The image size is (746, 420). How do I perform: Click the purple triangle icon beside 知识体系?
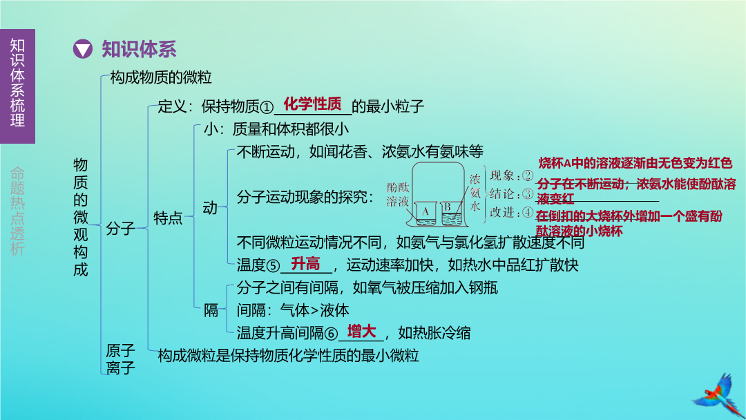click(x=82, y=49)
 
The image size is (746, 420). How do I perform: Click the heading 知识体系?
click(x=139, y=49)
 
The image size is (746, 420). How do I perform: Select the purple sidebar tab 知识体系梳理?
click(x=17, y=86)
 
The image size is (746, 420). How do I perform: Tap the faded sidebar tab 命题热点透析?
click(x=17, y=211)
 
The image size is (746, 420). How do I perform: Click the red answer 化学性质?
click(x=313, y=104)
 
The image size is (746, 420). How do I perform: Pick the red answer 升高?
click(x=305, y=263)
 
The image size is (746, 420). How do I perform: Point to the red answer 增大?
click(x=361, y=331)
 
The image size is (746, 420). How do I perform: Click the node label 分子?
click(x=120, y=229)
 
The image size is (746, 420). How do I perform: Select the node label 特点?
click(x=167, y=218)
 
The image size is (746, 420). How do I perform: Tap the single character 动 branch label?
click(x=210, y=207)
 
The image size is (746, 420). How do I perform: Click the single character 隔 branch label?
click(x=211, y=310)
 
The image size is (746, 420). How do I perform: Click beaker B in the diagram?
click(x=451, y=213)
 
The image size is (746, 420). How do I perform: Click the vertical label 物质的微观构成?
click(x=80, y=217)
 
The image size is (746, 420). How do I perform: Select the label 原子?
click(x=120, y=350)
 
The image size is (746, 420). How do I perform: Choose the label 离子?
click(x=120, y=367)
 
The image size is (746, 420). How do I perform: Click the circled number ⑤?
click(x=273, y=265)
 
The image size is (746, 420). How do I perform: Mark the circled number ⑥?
click(x=331, y=334)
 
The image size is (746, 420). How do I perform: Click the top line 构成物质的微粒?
click(x=161, y=77)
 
